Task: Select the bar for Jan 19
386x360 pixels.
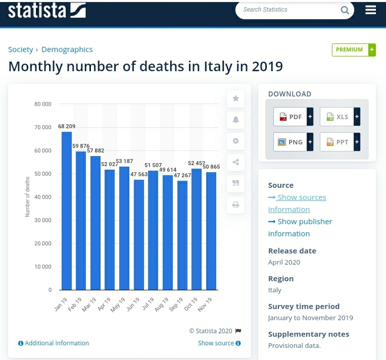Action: (67, 211)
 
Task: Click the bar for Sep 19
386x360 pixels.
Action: (182, 235)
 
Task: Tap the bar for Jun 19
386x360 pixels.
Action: (139, 235)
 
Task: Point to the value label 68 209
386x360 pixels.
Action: (67, 126)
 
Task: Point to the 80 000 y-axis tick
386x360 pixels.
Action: (43, 104)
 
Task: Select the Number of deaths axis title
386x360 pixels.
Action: (27, 197)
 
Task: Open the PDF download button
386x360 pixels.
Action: (293, 117)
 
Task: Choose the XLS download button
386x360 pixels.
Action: (340, 117)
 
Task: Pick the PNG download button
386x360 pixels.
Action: (293, 142)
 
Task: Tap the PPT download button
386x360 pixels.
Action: (340, 142)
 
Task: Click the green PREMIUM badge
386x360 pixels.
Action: (353, 49)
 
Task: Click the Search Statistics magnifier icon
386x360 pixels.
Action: (345, 10)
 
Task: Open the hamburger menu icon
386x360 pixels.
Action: (371, 10)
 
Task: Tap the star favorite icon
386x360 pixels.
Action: (235, 98)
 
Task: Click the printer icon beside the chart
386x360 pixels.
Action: (235, 204)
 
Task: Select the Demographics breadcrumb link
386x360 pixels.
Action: (67, 49)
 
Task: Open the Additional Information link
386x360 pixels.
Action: (54, 343)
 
